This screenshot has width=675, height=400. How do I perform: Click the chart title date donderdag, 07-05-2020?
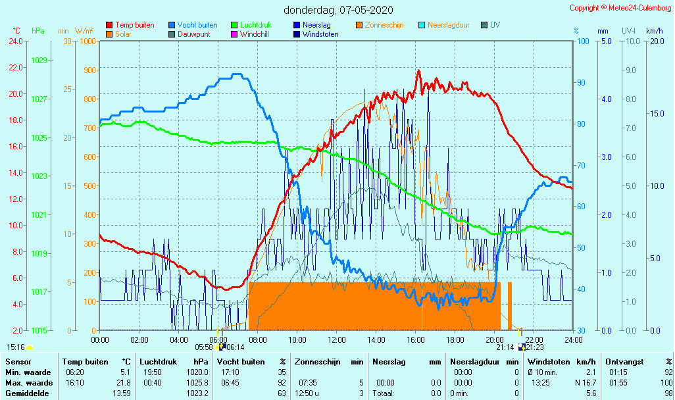coord(339,10)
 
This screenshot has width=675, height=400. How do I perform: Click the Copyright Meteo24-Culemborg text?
coord(621,8)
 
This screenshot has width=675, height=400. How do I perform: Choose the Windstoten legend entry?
coord(320,34)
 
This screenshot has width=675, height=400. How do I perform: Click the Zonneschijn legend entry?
coord(384,25)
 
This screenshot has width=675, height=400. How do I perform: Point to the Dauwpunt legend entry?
coord(193,34)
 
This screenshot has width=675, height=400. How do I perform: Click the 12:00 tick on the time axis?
coord(336,340)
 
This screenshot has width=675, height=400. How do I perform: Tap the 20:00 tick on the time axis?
coord(494,340)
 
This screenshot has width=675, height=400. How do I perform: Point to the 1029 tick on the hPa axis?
coord(39,61)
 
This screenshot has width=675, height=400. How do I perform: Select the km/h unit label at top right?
coord(654,31)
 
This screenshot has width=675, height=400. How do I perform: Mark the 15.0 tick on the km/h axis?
coord(656,114)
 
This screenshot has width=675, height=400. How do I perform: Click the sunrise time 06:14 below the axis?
coord(235,347)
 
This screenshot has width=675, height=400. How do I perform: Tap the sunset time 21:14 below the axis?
coord(505,347)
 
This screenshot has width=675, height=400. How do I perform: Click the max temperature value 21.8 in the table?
coord(123,383)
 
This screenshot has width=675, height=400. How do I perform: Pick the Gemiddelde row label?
coord(25,393)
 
